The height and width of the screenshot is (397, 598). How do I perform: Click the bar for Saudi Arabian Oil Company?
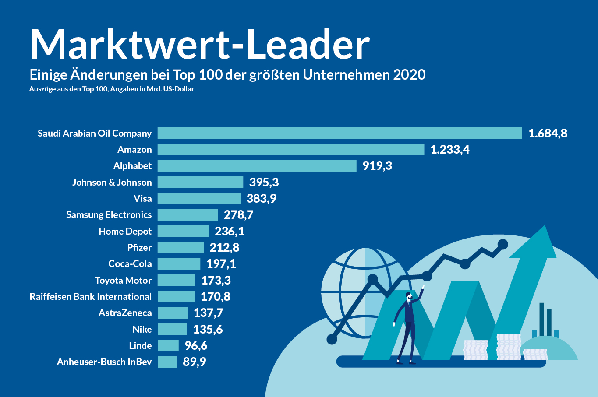click(x=340, y=133)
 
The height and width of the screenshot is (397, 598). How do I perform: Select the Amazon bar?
click(x=291, y=149)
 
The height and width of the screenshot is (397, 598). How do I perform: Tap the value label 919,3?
click(x=377, y=165)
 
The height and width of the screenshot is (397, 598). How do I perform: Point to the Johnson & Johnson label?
click(x=112, y=182)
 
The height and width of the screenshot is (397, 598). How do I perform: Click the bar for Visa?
click(x=199, y=198)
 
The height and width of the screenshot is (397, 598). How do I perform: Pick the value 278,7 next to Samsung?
click(x=238, y=214)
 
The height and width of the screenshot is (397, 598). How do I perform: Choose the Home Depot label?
click(x=125, y=231)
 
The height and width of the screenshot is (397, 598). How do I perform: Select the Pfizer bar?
click(x=180, y=247)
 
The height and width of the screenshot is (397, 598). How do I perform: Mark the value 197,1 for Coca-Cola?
click(x=221, y=263)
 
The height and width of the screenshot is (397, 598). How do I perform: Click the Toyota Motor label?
click(x=123, y=280)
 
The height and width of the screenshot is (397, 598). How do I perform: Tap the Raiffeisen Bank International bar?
click(x=176, y=296)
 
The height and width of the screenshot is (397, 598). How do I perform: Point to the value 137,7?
click(x=208, y=313)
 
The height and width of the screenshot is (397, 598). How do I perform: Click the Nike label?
click(x=142, y=329)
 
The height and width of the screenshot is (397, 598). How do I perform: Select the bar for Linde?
click(x=168, y=345)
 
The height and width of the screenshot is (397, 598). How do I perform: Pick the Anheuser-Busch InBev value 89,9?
click(x=195, y=362)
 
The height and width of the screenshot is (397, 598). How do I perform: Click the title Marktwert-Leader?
click(x=200, y=45)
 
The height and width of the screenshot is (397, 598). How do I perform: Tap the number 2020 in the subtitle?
click(x=409, y=75)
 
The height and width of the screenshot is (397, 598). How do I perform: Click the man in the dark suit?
click(x=407, y=326)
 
